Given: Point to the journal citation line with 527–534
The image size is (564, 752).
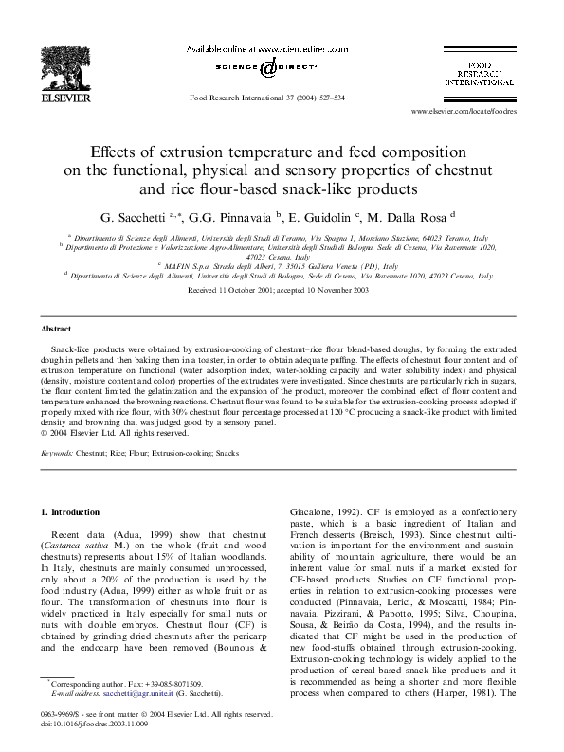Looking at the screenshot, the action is (x=267, y=97).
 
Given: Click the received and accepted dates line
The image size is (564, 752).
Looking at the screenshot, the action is (x=279, y=291).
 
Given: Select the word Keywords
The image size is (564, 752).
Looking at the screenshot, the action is (x=57, y=454).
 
